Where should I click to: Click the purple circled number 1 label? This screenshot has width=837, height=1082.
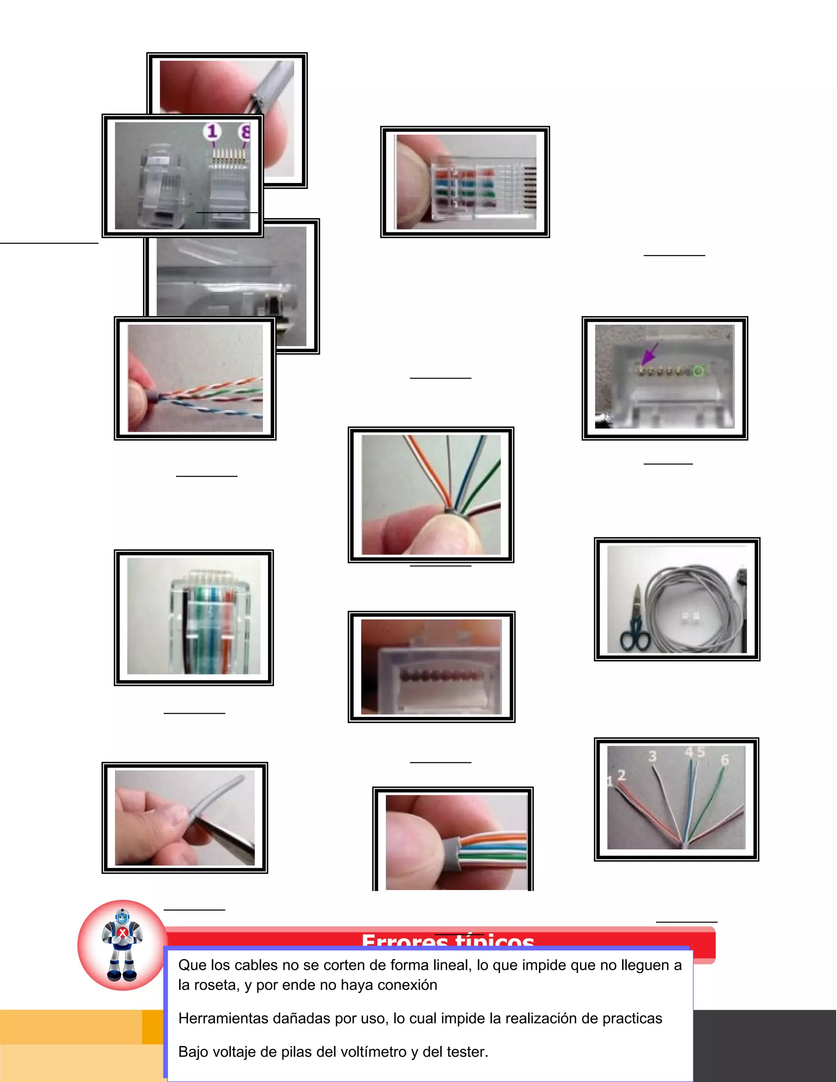(x=212, y=132)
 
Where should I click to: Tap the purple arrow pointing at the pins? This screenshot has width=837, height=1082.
(x=650, y=353)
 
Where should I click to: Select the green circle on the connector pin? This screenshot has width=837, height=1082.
(x=698, y=371)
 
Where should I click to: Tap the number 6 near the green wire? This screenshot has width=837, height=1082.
(x=725, y=760)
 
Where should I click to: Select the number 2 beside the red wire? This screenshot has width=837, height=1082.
(x=621, y=775)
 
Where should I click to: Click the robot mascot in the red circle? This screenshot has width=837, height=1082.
(x=123, y=945)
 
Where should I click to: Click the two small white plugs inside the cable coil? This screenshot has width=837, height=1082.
(x=690, y=617)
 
